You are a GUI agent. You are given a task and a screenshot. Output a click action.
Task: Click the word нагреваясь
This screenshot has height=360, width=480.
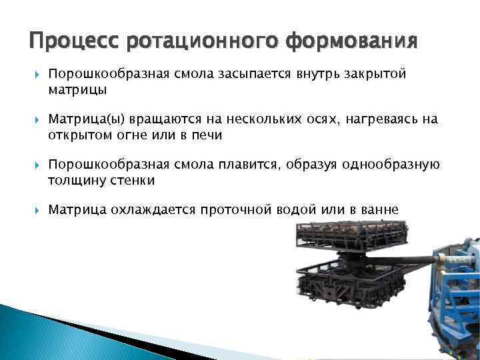384,120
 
